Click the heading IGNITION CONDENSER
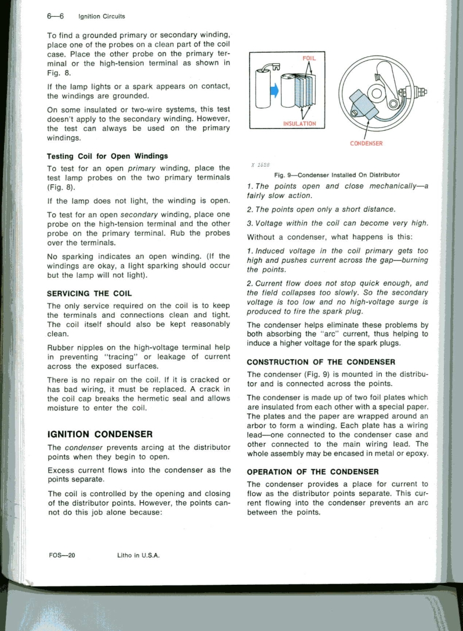coord(100,433)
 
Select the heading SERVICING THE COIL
coord(89,294)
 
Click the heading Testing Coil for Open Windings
coord(107,156)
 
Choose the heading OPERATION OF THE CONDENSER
coord(313,471)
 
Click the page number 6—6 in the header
coord(56,16)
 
